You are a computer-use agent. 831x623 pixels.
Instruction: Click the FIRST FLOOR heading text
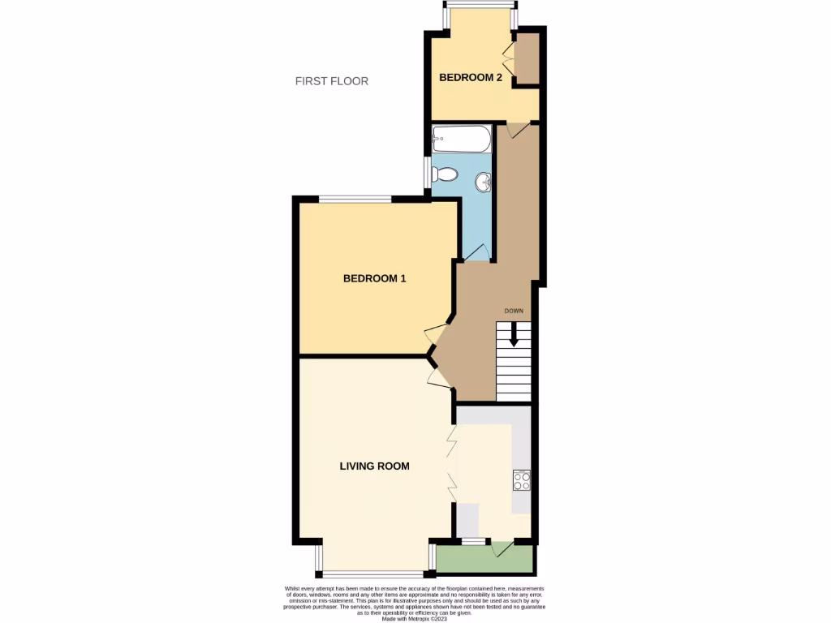tap(331, 81)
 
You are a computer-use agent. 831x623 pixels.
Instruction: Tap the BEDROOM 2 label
tap(471, 78)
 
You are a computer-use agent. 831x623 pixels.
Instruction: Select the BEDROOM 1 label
tap(374, 278)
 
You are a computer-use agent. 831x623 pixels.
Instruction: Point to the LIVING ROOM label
tap(374, 466)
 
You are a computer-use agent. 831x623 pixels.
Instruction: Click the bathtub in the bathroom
tap(461, 139)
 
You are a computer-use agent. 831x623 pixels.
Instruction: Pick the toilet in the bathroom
tap(445, 173)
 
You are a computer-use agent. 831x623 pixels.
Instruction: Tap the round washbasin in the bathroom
tap(484, 181)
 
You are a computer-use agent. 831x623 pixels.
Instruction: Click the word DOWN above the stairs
tap(514, 311)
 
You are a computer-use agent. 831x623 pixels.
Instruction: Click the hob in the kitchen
tap(521, 481)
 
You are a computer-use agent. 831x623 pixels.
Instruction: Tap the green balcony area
tap(484, 557)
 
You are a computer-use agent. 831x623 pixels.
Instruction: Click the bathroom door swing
tap(478, 252)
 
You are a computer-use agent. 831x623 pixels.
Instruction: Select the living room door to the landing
tap(439, 374)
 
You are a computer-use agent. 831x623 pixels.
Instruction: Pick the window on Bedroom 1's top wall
tap(355, 199)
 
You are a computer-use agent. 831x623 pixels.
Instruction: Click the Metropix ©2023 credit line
tap(415, 618)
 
